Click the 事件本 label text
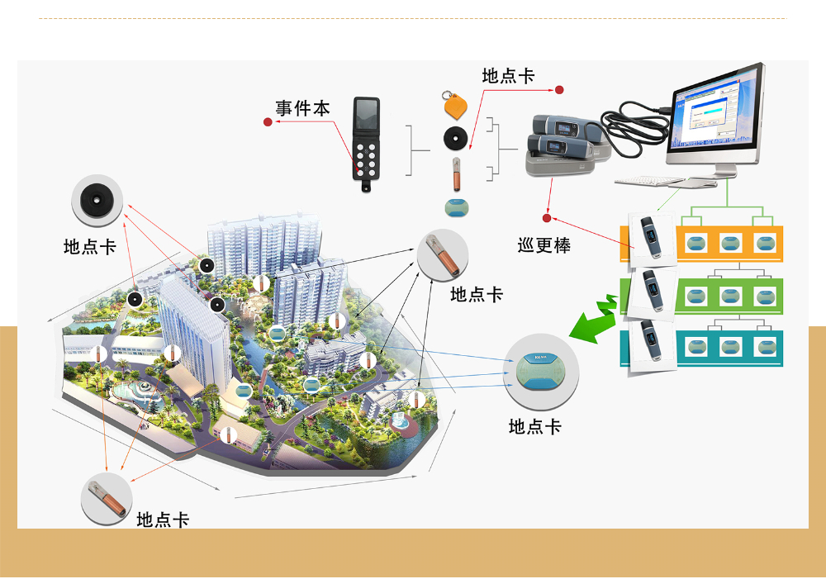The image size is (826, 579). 302,109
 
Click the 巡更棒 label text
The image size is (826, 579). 544,245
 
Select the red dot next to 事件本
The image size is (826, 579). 268,122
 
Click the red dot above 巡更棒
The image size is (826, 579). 546,218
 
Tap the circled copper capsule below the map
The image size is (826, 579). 106,500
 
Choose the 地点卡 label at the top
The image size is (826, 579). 509,76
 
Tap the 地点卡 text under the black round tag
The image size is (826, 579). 90,246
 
